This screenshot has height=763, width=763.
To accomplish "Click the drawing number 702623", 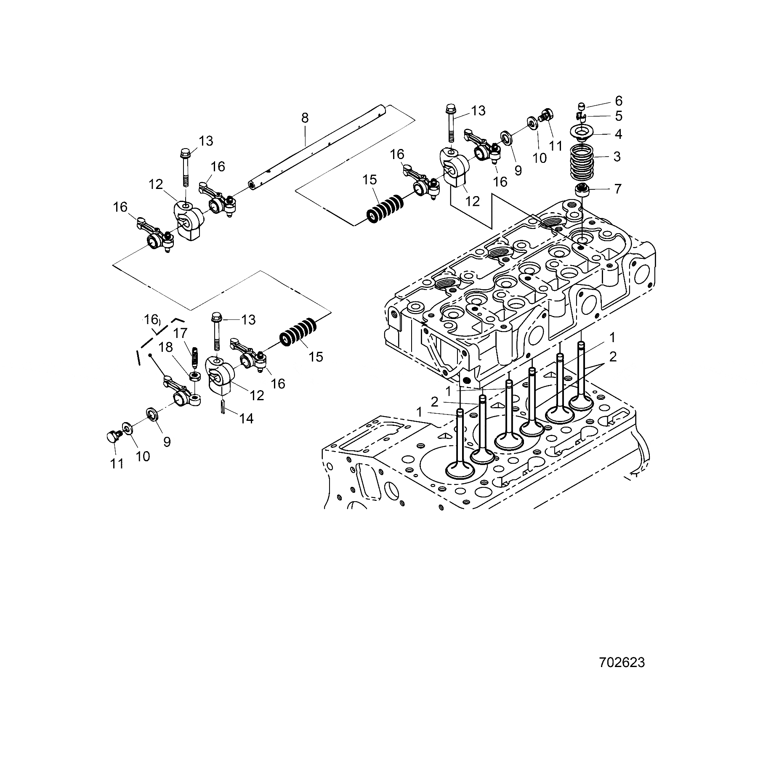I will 622,662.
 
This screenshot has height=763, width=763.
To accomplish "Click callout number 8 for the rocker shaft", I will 305,118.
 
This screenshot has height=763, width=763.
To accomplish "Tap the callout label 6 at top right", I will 618,101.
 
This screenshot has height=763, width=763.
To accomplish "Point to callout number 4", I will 618,134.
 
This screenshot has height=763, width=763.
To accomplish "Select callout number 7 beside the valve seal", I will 617,189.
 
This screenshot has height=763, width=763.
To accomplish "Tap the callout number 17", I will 180,333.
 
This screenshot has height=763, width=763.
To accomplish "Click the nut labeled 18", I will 194,376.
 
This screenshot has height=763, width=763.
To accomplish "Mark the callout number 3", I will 617,157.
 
